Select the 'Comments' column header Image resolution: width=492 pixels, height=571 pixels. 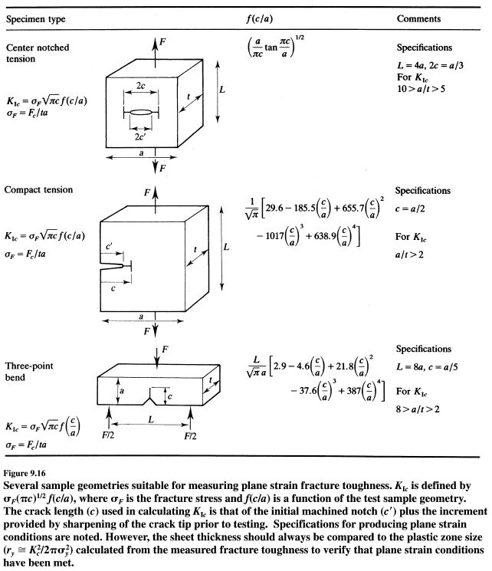418,18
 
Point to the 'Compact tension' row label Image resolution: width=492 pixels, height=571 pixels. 38,189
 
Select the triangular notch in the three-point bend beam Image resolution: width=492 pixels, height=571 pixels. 159,398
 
